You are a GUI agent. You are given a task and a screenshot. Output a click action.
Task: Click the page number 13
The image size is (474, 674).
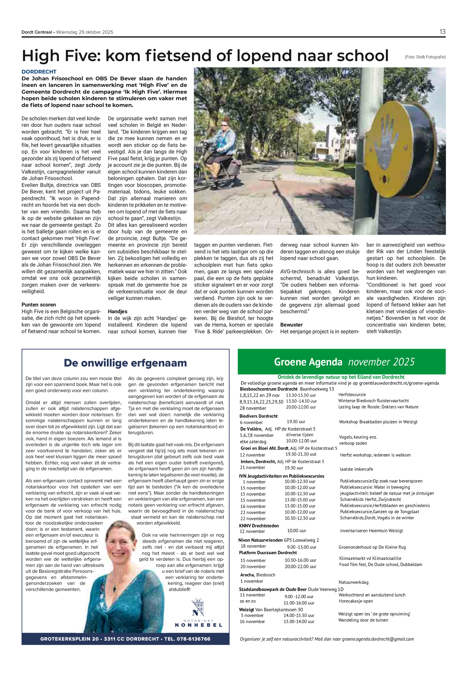tap(442, 32)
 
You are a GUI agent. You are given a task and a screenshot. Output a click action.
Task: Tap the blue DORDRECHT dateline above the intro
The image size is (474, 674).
tap(39, 72)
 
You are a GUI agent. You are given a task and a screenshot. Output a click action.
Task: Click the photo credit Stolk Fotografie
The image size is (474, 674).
tap(425, 57)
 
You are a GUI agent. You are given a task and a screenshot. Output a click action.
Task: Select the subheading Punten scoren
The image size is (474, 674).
tap(39, 305)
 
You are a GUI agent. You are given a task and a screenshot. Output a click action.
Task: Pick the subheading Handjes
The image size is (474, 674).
tap(118, 312)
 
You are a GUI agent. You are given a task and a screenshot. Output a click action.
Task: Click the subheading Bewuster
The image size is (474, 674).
tap(291, 325)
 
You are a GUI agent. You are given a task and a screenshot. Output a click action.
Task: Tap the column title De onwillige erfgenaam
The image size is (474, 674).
tap(125, 363)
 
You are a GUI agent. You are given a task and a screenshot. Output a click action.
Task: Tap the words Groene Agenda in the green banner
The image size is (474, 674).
tap(308, 362)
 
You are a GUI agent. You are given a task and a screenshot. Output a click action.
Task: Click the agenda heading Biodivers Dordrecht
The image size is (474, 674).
tap(258, 416)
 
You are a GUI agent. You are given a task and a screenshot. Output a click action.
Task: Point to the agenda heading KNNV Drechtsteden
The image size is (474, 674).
tap(259, 526)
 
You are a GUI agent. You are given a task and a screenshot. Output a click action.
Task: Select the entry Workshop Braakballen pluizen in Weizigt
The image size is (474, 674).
tap(378, 422)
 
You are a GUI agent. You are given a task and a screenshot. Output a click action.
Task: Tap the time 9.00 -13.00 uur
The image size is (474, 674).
tap(301, 547)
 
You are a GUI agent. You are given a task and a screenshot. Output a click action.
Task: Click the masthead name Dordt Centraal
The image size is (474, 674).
tap(37, 32)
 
